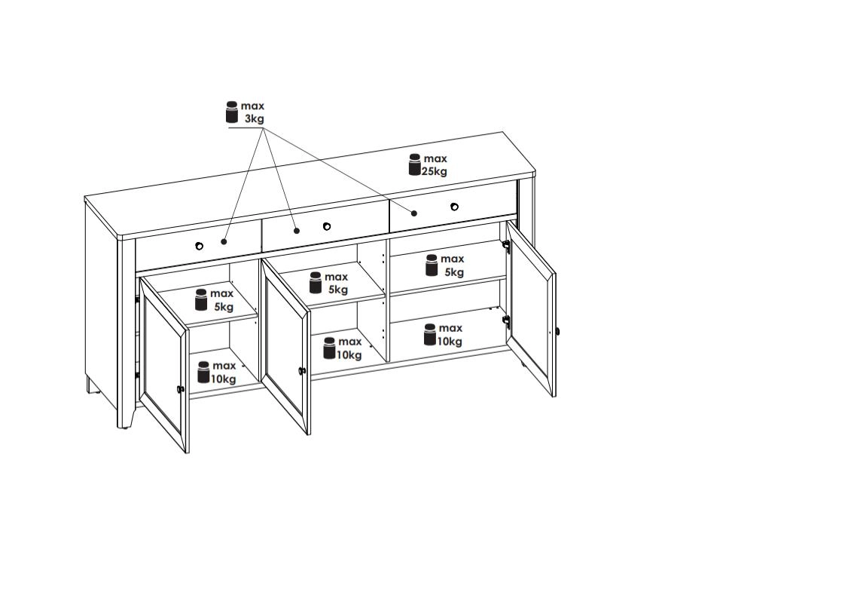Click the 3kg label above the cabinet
[x=255, y=118]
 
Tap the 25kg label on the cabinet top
[x=435, y=171]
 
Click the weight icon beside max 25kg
[x=414, y=164]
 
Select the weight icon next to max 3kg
[x=232, y=112]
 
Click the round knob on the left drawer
[x=199, y=246]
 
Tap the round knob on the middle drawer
[x=327, y=226]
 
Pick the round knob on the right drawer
[x=454, y=207]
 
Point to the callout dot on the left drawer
[x=224, y=241]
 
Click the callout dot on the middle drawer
[x=297, y=231]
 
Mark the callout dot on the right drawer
[x=414, y=213]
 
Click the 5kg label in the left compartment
[x=224, y=307]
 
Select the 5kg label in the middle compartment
[x=338, y=290]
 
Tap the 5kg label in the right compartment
[x=454, y=272]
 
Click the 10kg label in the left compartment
[x=223, y=379]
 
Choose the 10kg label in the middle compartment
[x=349, y=354]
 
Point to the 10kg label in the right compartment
[x=450, y=341]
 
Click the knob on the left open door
[x=181, y=388]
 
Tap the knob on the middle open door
[x=302, y=370]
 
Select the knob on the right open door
[x=558, y=330]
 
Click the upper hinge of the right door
[x=506, y=246]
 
